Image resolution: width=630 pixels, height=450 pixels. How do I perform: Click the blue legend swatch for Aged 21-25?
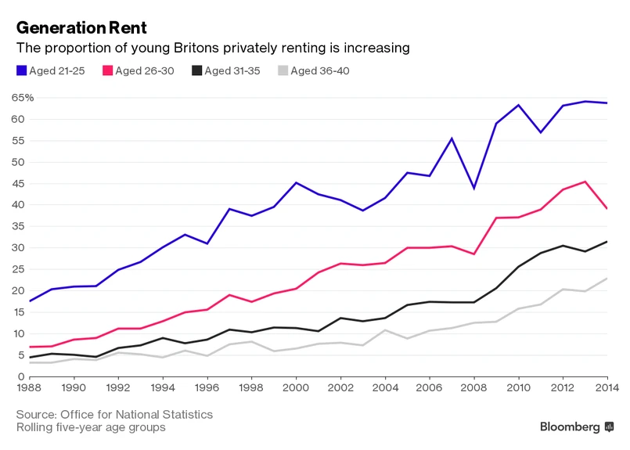coord(21,70)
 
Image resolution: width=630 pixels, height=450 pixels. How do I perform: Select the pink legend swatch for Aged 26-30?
coord(107,70)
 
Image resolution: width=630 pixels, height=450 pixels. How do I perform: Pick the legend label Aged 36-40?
coord(320,71)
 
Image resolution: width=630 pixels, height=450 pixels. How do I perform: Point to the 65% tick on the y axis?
coord(23,98)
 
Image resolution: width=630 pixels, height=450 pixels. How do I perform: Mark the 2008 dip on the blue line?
coord(473,188)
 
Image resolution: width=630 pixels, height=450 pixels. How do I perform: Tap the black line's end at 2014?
coord(607,242)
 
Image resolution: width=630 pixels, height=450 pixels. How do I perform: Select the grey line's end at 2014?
coord(607,279)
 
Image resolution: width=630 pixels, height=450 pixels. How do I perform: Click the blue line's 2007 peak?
coord(452,139)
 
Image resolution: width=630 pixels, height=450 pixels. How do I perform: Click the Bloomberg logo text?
coord(570,427)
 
